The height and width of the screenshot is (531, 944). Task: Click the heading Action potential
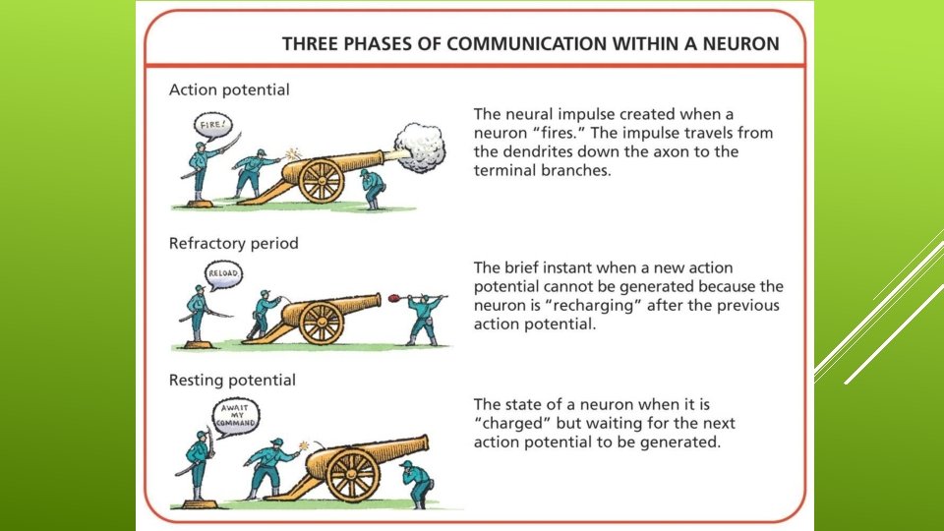pyautogui.click(x=229, y=89)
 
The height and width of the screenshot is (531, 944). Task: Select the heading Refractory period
pyautogui.click(x=233, y=242)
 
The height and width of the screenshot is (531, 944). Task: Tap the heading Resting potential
pyautogui.click(x=232, y=380)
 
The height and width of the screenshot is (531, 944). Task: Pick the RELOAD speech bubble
pyautogui.click(x=222, y=272)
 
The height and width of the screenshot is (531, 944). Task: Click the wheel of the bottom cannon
pyautogui.click(x=353, y=474)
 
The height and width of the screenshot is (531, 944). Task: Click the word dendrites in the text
pyautogui.click(x=539, y=151)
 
